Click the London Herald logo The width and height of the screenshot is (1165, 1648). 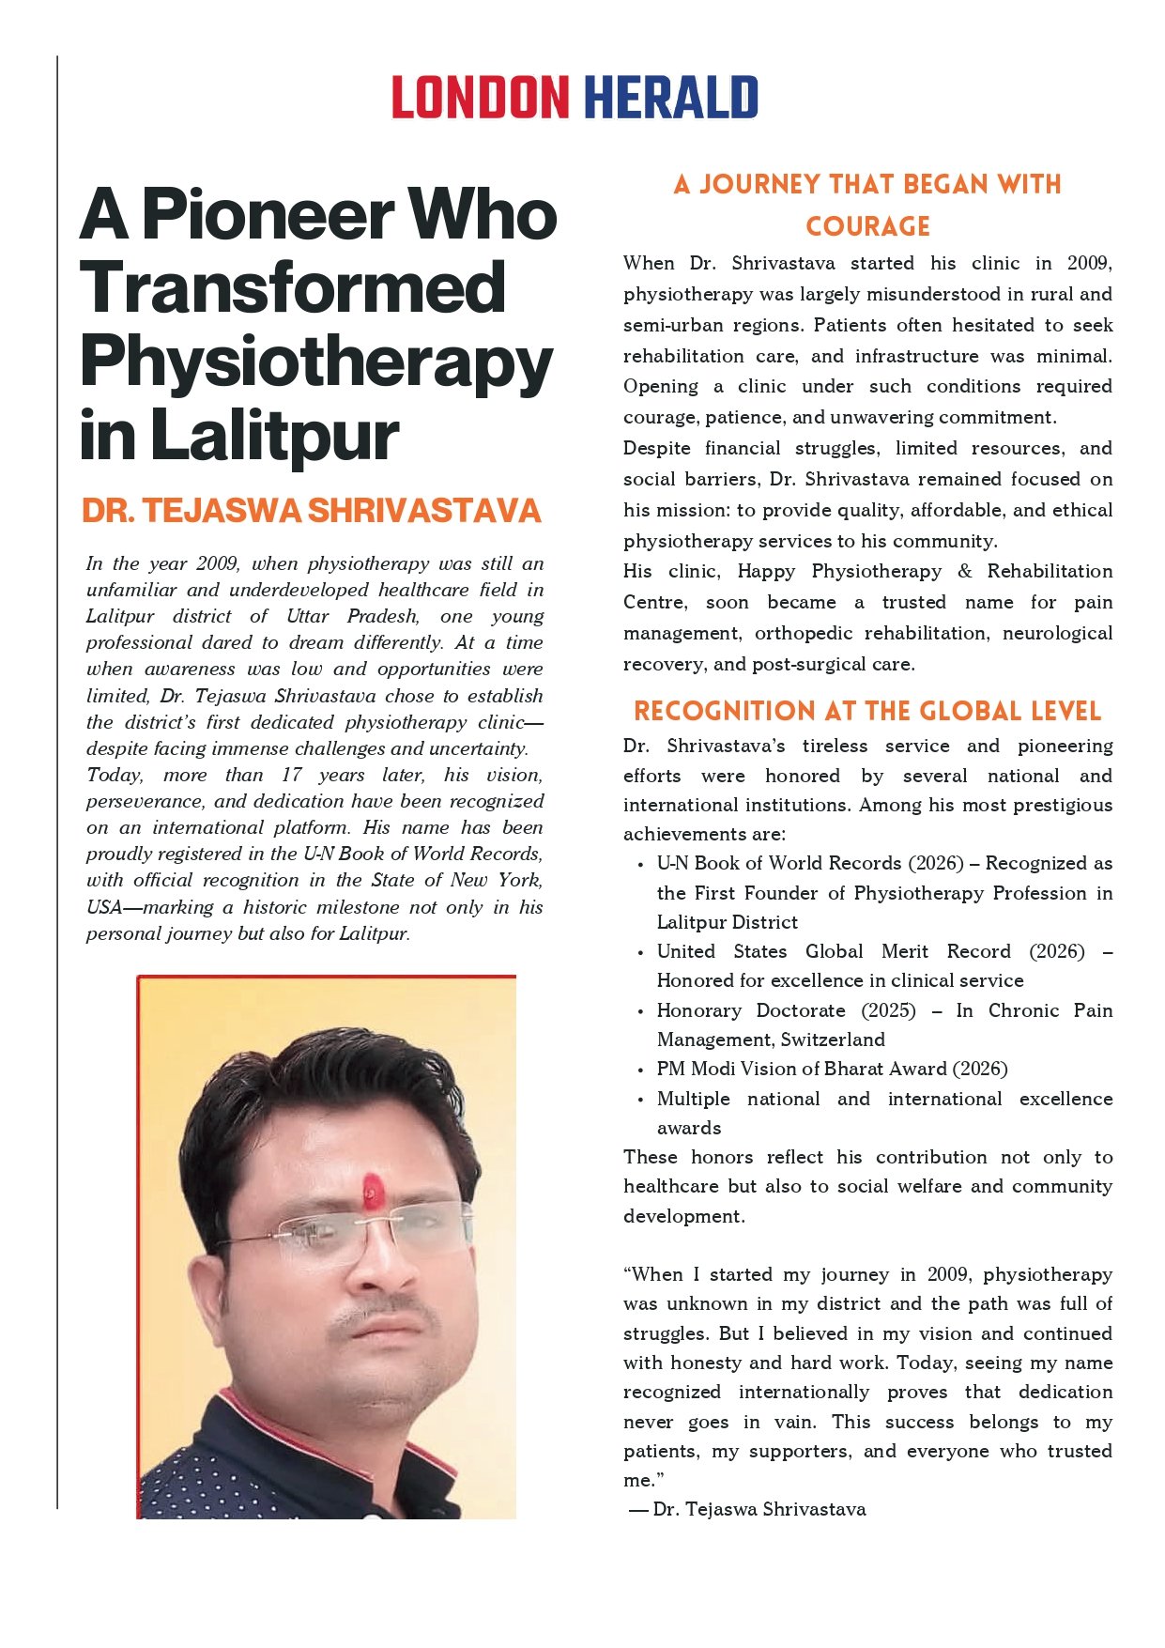575,98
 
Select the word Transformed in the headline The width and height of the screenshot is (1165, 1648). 293,288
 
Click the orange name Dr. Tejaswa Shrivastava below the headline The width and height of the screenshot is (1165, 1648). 312,511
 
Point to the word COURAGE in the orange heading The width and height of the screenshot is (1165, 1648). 867,227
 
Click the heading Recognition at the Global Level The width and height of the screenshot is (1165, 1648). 867,711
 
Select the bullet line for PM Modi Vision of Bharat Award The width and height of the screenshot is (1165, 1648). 832,1069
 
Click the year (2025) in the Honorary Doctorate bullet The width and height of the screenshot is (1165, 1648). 888,1010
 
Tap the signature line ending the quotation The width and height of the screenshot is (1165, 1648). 748,1509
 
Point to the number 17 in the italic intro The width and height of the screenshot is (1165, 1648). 291,776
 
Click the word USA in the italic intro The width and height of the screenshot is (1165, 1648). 103,907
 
